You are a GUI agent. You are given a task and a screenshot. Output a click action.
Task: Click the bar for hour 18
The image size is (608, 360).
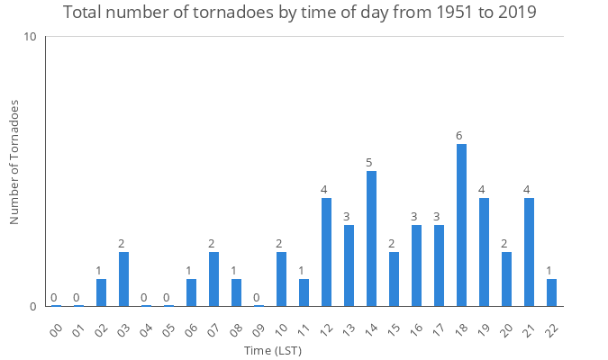coord(461,225)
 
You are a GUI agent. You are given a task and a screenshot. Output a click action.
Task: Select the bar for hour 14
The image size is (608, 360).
coord(371,238)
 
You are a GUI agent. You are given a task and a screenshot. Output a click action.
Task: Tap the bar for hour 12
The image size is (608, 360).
coord(326,252)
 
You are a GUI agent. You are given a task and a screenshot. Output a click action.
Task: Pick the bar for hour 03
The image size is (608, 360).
coord(123,279)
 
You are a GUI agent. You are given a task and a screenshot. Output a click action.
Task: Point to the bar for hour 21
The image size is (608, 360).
coord(529,252)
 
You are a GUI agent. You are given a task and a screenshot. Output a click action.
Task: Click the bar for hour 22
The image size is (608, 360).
coord(551,292)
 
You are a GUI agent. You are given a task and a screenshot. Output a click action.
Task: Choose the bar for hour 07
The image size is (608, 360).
coord(213,279)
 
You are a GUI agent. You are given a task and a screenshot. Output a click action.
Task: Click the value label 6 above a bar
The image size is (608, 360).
coord(459,136)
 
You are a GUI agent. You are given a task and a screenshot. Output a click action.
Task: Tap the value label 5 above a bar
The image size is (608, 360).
coord(369,163)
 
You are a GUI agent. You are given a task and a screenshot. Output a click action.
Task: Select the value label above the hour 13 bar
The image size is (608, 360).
coord(347,217)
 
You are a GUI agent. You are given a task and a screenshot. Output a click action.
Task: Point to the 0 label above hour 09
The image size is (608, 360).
coord(257,298)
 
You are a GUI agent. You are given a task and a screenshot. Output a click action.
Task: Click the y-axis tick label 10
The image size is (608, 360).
coord(30,37)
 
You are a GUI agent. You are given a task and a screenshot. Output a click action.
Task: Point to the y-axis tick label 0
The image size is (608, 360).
coord(33,307)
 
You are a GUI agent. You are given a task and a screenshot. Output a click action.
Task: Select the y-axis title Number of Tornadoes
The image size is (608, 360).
coord(14,162)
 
